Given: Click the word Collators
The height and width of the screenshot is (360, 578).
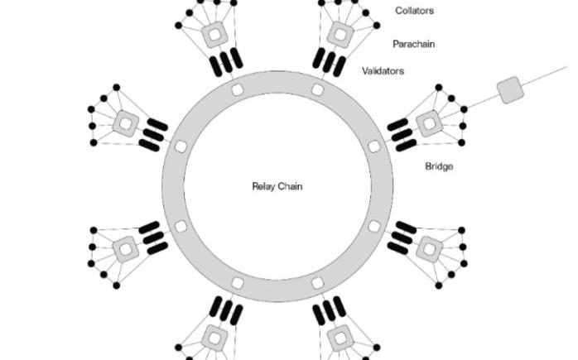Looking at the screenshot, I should [414, 11].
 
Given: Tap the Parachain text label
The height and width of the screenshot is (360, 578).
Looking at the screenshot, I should [414, 44].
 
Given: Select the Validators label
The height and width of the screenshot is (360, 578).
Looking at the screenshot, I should [383, 71].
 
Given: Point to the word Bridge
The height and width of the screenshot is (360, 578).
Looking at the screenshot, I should [439, 166].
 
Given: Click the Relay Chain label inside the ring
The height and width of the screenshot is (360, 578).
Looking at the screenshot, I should [277, 186].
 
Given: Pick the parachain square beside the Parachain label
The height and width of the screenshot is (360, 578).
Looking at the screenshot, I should [340, 35].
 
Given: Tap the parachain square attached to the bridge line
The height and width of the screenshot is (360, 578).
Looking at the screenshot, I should [429, 124].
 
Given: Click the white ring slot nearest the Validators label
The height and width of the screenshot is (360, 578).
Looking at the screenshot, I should [317, 89].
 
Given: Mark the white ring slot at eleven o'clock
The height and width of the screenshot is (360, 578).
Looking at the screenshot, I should [237, 89].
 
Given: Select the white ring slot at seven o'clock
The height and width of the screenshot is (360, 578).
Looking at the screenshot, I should [237, 283].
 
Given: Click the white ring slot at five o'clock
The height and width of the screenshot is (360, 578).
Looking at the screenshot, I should [317, 283].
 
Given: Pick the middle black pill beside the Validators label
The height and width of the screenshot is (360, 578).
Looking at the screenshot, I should [329, 62].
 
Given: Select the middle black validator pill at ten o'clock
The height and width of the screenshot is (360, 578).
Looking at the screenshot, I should [152, 134].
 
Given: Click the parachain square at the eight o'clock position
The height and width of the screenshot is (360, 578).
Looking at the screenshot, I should [126, 247].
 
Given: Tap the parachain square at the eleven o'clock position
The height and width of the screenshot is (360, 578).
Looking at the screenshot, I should [214, 35].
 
